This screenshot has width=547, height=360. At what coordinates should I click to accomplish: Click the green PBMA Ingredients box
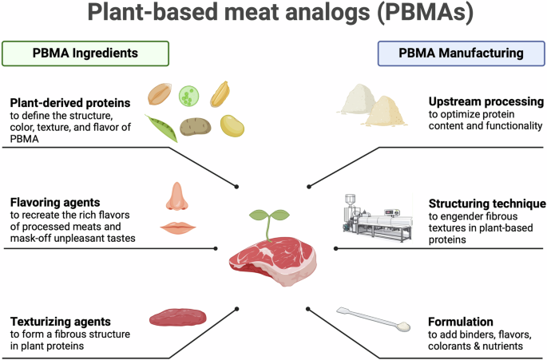pyautogui.click(x=85, y=53)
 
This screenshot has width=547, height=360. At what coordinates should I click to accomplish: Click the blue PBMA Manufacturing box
pyautogui.click(x=461, y=53)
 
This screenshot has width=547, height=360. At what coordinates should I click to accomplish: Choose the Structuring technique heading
pyautogui.click(x=486, y=204)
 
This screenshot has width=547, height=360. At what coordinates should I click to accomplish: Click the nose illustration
pyautogui.click(x=176, y=198)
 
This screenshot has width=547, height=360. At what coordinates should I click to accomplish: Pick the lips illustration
pyautogui.click(x=177, y=229)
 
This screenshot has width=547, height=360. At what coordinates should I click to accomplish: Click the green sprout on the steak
pyautogui.click(x=269, y=219)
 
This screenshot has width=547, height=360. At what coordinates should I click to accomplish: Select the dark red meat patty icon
pyautogui.click(x=177, y=318)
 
